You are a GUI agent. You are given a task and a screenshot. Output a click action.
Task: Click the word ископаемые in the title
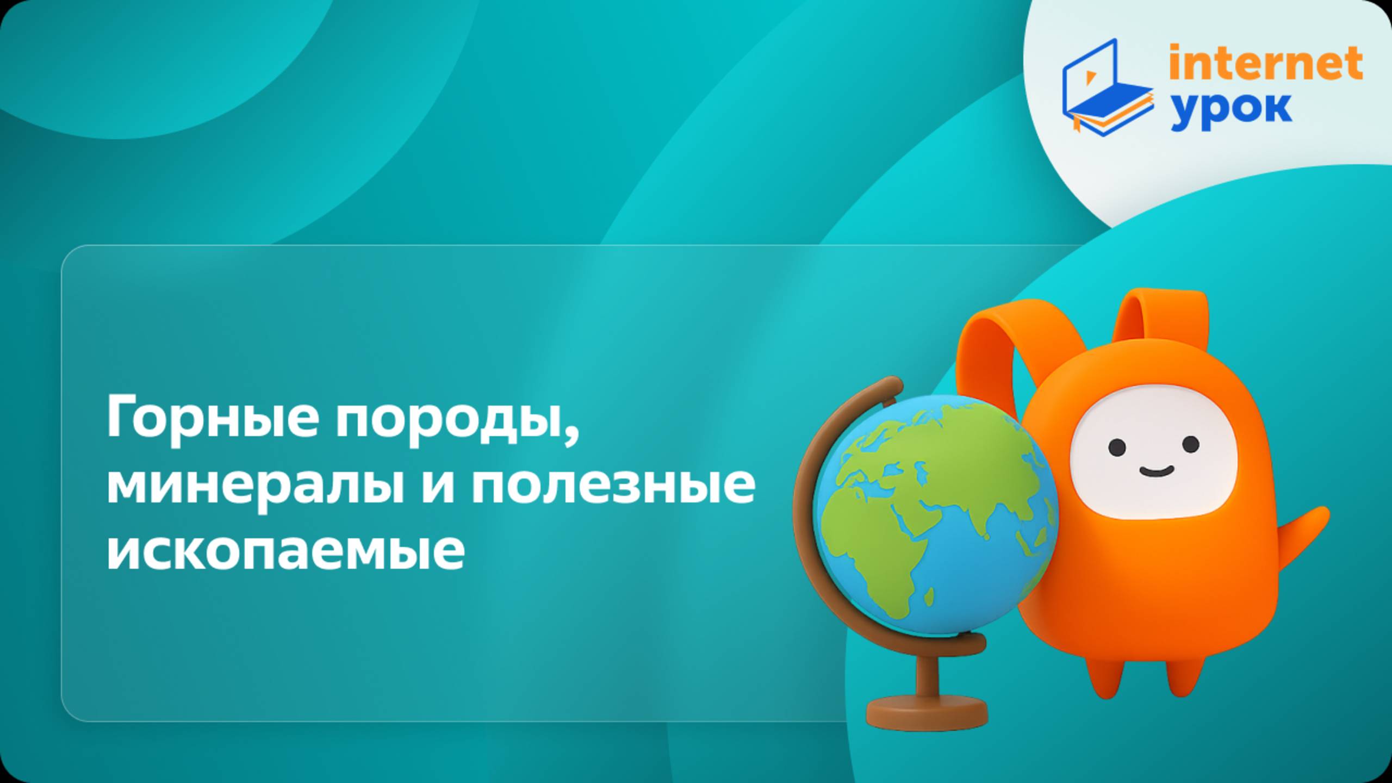point(285,550)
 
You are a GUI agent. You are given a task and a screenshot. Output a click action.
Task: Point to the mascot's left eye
point(1117,448)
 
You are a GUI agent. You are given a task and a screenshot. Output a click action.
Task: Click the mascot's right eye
point(1191,444)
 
